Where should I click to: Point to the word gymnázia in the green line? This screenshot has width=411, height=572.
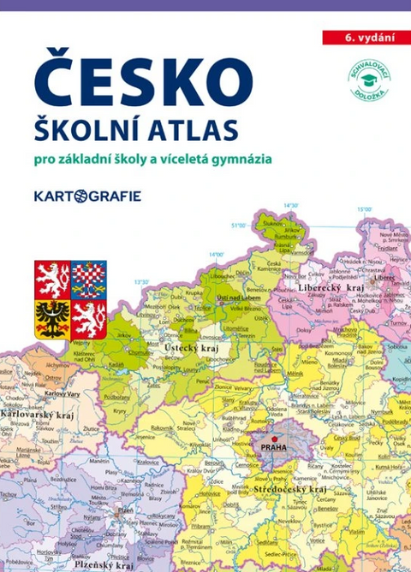pyautogui.click(x=249, y=159)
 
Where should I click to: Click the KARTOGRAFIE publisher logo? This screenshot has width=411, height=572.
pyautogui.click(x=87, y=196)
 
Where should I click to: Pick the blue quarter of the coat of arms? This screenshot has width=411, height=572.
pyautogui.click(x=88, y=280)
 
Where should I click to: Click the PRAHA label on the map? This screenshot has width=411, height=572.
pyautogui.click(x=275, y=445)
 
